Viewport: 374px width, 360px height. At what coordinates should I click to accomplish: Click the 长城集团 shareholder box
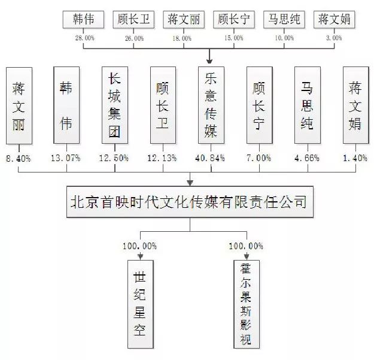click(x=114, y=105)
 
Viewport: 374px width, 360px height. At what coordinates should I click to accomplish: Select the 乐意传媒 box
click(x=211, y=105)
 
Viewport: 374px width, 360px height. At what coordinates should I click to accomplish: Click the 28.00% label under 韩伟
click(x=84, y=38)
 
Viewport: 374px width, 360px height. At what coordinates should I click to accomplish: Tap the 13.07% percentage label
click(x=67, y=158)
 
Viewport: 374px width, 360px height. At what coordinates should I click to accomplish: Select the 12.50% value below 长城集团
click(x=114, y=158)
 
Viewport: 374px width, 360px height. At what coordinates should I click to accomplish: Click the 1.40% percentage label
click(x=357, y=158)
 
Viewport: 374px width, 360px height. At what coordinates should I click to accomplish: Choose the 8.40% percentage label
click(x=19, y=158)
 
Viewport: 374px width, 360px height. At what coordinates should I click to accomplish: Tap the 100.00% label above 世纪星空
click(x=139, y=246)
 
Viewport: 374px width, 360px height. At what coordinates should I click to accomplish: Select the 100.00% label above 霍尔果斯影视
click(x=245, y=246)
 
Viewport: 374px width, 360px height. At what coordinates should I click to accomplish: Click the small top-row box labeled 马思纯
click(x=284, y=19)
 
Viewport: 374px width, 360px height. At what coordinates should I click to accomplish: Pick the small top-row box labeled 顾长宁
click(x=234, y=19)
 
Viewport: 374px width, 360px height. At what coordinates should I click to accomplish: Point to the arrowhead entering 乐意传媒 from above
click(x=211, y=60)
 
